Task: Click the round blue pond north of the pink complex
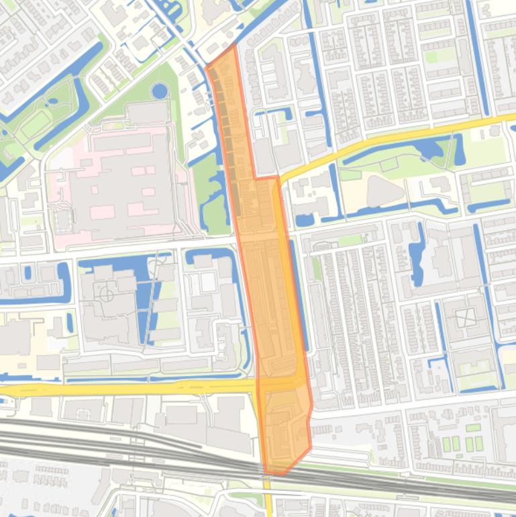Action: pyautogui.click(x=160, y=91)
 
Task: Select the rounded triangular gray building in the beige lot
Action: pyautogui.click(x=384, y=191)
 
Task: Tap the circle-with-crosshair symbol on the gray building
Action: pyautogui.click(x=107, y=293)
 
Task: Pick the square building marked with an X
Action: pyautogui.click(x=465, y=318)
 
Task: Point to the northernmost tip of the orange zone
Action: pyautogui.click(x=234, y=46)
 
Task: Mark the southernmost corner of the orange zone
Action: pyautogui.click(x=282, y=474)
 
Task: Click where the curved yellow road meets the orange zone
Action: pyautogui.click(x=278, y=179)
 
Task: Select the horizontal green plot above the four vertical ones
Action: pyautogui.click(x=473, y=428)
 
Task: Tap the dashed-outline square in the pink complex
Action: pyautogui.click(x=62, y=220)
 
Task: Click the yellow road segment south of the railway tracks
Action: pyautogui.click(x=268, y=500)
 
